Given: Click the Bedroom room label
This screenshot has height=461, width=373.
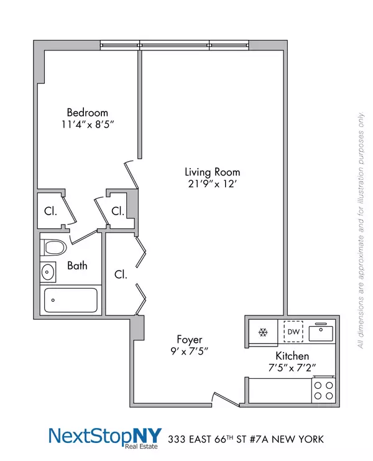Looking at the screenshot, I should tap(87, 113).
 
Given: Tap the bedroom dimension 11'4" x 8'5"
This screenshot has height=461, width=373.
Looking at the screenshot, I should tap(87, 124).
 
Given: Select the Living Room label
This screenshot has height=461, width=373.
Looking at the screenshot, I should tap(212, 172).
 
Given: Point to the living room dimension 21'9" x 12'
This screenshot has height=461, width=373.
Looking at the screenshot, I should tap(212, 184).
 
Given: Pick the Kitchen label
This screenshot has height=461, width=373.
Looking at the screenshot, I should tap(292, 356).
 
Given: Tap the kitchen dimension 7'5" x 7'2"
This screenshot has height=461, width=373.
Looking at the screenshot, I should tap(292, 367).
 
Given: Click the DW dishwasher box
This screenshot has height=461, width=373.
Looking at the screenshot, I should tap(293, 332).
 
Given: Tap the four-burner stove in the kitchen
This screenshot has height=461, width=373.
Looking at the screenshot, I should tap(323, 390).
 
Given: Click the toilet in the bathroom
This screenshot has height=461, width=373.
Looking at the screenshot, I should tap(54, 248).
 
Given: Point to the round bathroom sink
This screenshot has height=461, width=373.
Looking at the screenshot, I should tap(48, 271).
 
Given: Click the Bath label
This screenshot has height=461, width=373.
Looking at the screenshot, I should tap(78, 266).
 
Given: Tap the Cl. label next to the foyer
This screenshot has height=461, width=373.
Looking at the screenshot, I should tap(121, 274).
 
